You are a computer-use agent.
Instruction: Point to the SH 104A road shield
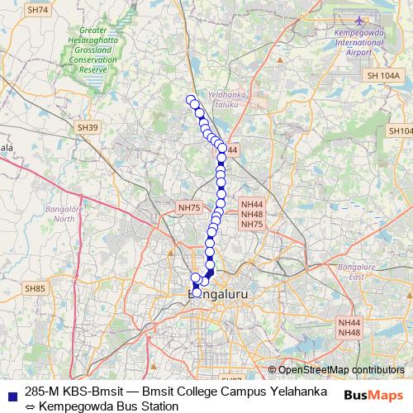tap(384, 75)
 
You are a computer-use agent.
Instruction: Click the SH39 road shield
tap(87, 127)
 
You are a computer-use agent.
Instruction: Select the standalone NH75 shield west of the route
tap(189, 207)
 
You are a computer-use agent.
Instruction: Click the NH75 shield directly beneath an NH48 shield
tap(251, 224)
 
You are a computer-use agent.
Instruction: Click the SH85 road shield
tap(35, 288)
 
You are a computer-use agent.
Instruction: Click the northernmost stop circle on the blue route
tap(191, 100)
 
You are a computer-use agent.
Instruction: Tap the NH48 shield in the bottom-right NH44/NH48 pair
tap(349, 332)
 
